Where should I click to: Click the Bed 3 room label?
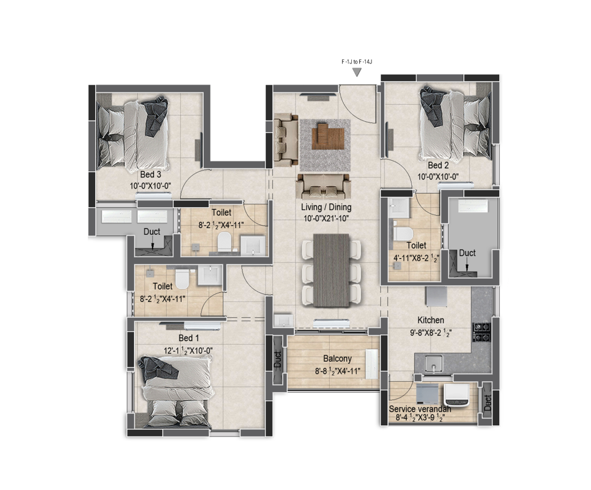click(151, 175)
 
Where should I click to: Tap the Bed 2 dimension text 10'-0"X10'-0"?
click(438, 176)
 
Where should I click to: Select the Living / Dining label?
click(326, 207)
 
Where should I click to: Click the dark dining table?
click(331, 270)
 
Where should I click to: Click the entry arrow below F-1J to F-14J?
click(357, 73)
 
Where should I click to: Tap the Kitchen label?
click(431, 320)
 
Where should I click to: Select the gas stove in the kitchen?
click(482, 332)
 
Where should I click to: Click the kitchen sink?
click(433, 364)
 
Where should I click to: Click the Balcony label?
click(337, 358)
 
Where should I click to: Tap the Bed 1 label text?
click(189, 338)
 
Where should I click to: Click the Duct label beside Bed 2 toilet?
click(467, 253)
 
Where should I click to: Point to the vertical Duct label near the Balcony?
click(277, 359)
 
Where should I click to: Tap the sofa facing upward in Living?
click(324, 184)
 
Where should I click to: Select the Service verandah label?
click(420, 409)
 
